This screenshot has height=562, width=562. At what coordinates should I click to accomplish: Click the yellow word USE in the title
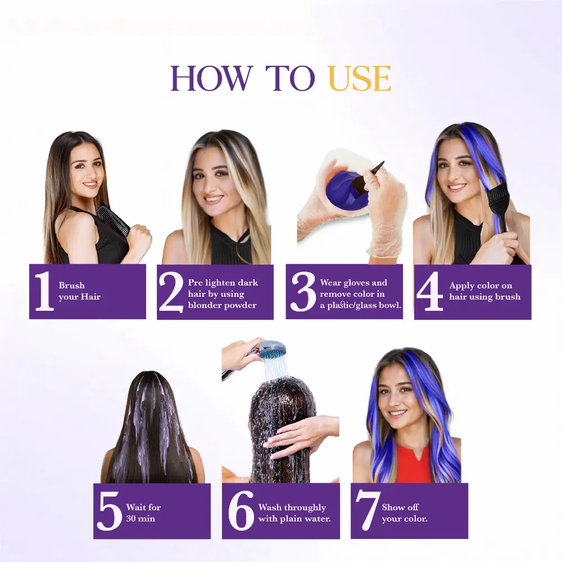pyautogui.click(x=359, y=79)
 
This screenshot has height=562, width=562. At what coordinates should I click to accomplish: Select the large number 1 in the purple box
pyautogui.click(x=43, y=291)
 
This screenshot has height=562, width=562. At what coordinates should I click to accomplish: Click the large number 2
pyautogui.click(x=171, y=292)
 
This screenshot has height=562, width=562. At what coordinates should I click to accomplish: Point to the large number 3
pyautogui.click(x=303, y=292)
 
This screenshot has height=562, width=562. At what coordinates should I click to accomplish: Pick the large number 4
pyautogui.click(x=430, y=292)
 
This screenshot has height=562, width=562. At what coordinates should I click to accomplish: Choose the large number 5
pyautogui.click(x=109, y=511)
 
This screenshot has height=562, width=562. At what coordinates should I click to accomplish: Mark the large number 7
pyautogui.click(x=368, y=511)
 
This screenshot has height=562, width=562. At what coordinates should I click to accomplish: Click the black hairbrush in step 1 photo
pyautogui.click(x=113, y=220)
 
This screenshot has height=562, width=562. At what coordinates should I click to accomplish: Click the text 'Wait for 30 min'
pyautogui.click(x=143, y=513)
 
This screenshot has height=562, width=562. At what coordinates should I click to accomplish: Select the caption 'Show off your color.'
pyautogui.click(x=405, y=513)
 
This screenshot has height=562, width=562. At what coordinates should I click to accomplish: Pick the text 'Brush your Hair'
pyautogui.click(x=79, y=291)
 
